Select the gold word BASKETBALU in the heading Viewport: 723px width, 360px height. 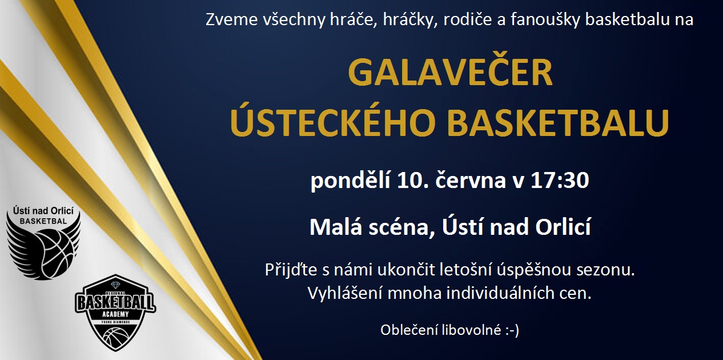(559, 123)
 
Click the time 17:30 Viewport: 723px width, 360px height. (560, 180)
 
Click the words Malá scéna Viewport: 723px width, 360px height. (372, 227)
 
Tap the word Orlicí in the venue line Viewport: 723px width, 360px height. (563, 227)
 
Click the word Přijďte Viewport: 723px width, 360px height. (291, 269)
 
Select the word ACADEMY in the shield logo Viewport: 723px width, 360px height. (115, 314)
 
